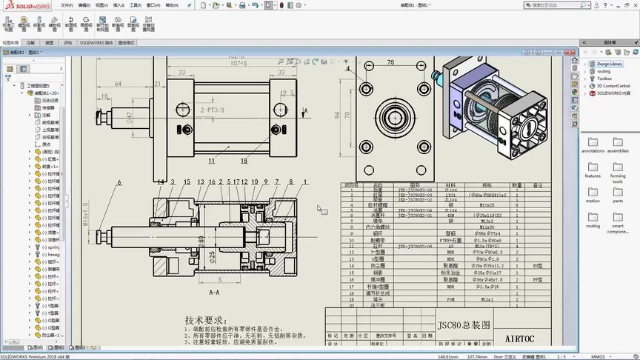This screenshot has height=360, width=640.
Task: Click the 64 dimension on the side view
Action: pyautogui.click(x=117, y=84)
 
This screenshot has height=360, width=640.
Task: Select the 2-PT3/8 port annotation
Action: pyautogui.click(x=213, y=110)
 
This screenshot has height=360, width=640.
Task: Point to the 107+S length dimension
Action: pyautogui.click(x=239, y=63)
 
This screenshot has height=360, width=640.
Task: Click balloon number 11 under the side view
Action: pyautogui.click(x=212, y=159)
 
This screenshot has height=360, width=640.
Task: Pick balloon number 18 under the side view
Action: pyautogui.click(x=244, y=159)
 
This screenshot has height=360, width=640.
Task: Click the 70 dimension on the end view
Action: pyautogui.click(x=390, y=63)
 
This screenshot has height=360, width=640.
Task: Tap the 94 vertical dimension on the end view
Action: pyautogui.click(x=336, y=115)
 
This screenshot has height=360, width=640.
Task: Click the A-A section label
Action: pyautogui.click(x=215, y=293)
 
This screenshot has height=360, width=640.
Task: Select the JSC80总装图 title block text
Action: pyautogui.click(x=464, y=324)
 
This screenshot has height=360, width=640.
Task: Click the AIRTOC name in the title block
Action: pyautogui.click(x=524, y=339)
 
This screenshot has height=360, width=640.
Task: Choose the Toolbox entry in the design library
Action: pyautogui.click(x=604, y=78)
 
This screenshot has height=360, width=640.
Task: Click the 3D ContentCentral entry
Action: pyautogui.click(x=613, y=86)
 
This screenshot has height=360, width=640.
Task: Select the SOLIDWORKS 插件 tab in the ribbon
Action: pyautogui.click(x=96, y=43)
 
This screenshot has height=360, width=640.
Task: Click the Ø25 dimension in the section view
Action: pyautogui.click(x=212, y=256)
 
